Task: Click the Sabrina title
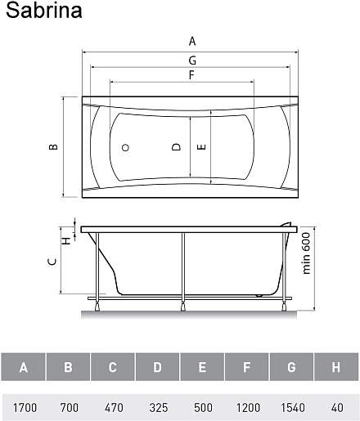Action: (44, 11)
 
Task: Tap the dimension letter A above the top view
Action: (192, 41)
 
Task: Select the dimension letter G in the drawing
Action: (192, 60)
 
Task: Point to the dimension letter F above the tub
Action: (191, 74)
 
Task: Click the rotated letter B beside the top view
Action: (53, 146)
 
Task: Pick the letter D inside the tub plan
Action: (177, 147)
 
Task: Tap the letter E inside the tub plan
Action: (201, 147)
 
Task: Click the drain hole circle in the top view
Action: (125, 148)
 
